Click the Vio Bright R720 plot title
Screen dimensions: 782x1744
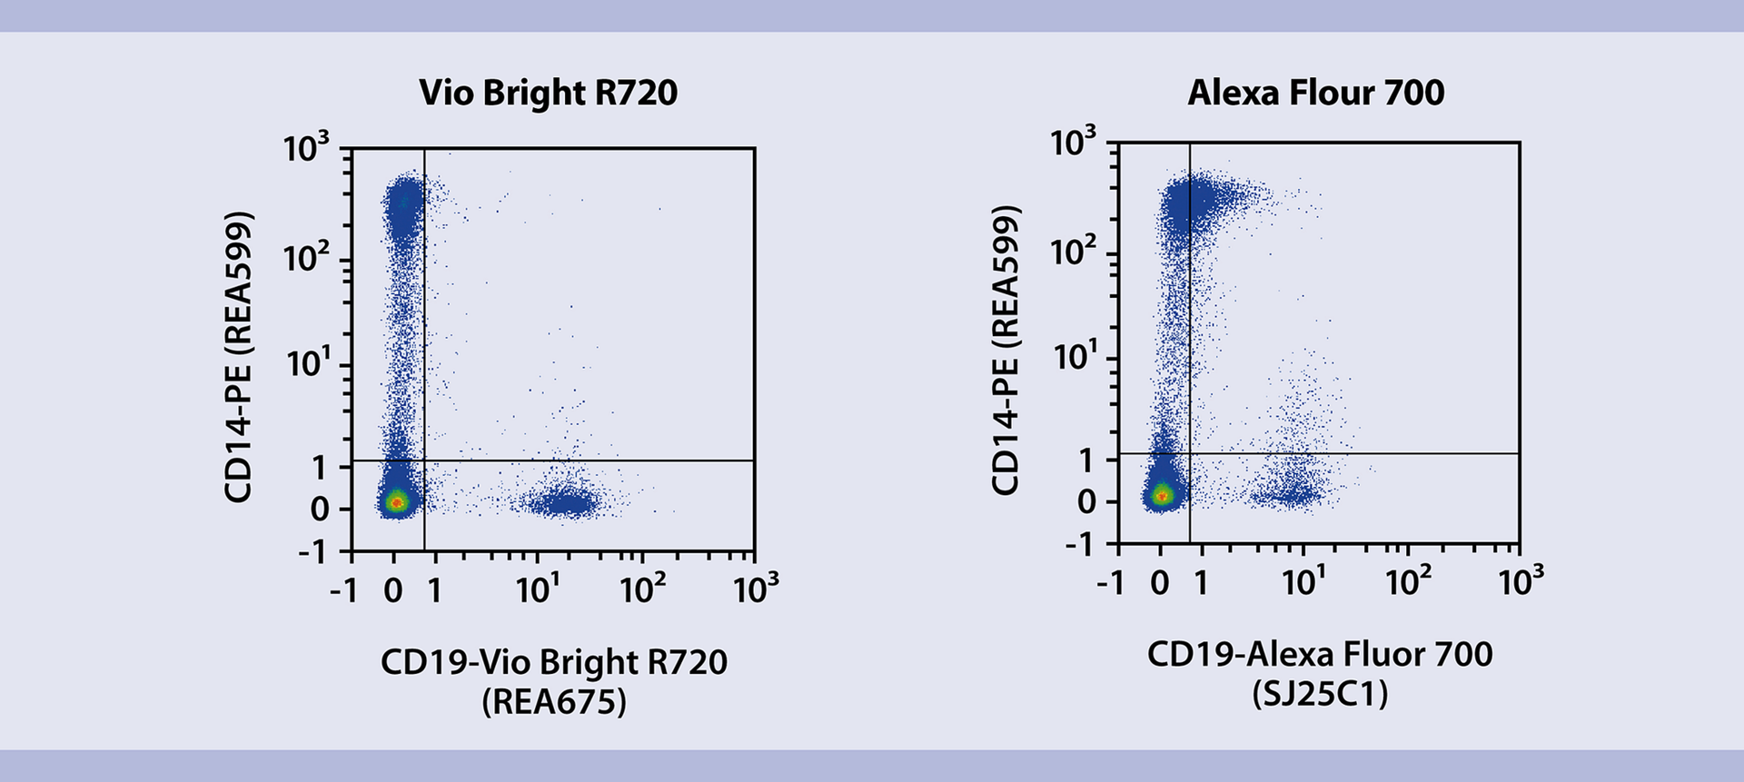coord(548,93)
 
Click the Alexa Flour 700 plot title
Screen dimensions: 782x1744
coord(1315,93)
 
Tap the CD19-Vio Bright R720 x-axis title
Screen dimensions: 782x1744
coord(553,662)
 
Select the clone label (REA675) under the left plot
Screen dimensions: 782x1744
coord(553,702)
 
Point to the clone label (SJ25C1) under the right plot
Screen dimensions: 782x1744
coord(1320,695)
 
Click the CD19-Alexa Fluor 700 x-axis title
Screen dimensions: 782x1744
coord(1320,654)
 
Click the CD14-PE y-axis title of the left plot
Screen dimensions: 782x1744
coord(238,357)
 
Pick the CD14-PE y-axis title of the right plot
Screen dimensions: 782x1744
coord(1006,351)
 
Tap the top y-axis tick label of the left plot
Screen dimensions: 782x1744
coord(306,147)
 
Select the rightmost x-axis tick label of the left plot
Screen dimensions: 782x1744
coord(756,589)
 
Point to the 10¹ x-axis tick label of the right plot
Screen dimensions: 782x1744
coord(1303,581)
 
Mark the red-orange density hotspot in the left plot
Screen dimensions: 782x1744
coord(395,501)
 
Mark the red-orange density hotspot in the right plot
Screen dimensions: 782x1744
coord(1162,495)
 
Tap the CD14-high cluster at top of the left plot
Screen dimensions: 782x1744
coord(402,204)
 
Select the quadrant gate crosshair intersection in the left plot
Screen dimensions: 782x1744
coord(424,460)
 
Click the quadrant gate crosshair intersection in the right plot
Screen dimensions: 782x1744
coord(1190,453)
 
